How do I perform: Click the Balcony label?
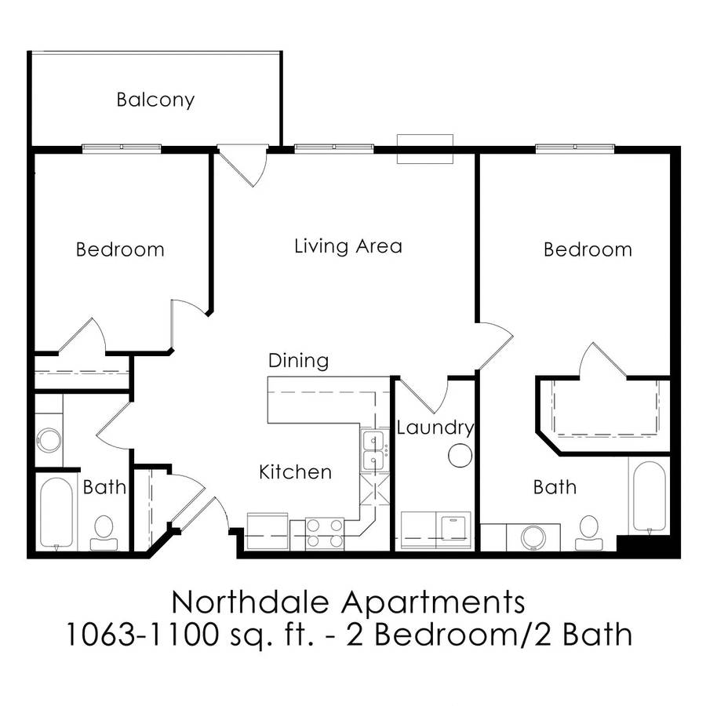click(155, 100)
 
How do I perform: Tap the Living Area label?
click(348, 246)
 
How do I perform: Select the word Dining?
click(298, 361)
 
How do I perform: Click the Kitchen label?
click(296, 472)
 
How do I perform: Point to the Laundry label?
click(435, 428)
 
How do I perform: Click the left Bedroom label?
click(120, 250)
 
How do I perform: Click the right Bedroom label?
click(588, 250)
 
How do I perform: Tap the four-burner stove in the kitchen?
click(325, 533)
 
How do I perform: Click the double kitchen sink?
click(373, 450)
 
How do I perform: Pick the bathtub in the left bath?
click(56, 514)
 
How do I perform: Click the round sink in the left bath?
click(49, 440)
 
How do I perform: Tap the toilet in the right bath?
click(589, 533)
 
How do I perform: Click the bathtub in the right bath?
click(650, 497)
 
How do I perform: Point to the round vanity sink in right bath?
click(533, 537)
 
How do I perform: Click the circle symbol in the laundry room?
click(460, 455)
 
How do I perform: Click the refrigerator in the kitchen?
click(267, 531)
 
